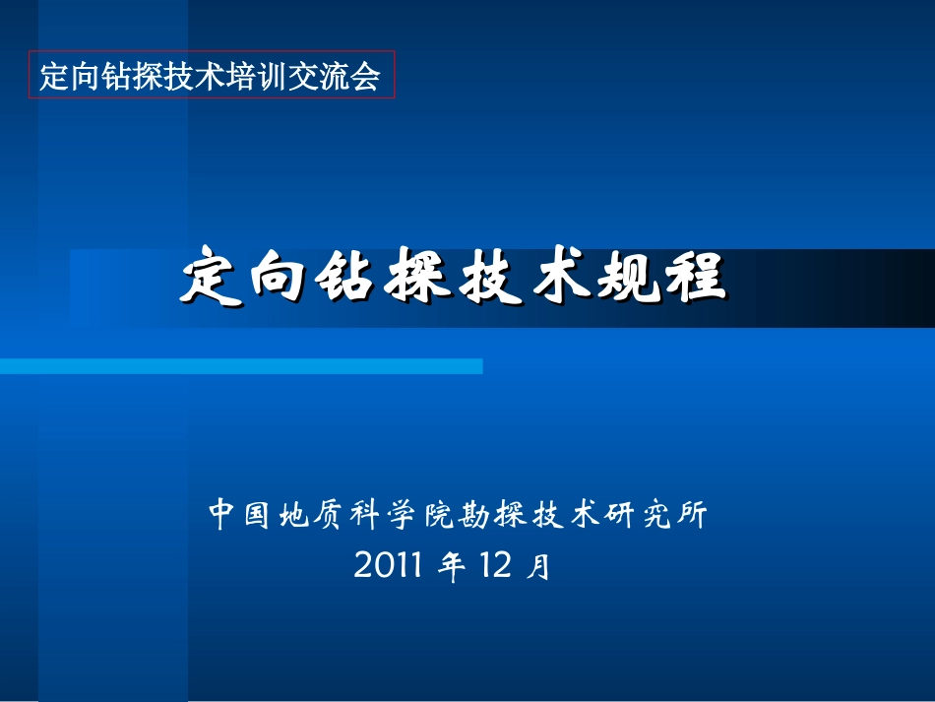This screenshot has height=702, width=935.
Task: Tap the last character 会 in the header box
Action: point(367,76)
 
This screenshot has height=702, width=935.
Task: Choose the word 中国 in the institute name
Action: point(239,515)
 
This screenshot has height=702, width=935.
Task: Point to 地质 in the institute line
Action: point(309,515)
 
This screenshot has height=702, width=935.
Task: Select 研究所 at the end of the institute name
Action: point(654,515)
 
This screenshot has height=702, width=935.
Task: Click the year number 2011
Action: point(388,566)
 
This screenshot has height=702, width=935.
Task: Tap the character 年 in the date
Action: point(452,567)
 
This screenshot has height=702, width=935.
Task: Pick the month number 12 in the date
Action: point(496,566)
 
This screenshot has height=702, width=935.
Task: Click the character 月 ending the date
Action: point(538,568)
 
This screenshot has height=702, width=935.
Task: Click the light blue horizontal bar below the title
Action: point(241,366)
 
